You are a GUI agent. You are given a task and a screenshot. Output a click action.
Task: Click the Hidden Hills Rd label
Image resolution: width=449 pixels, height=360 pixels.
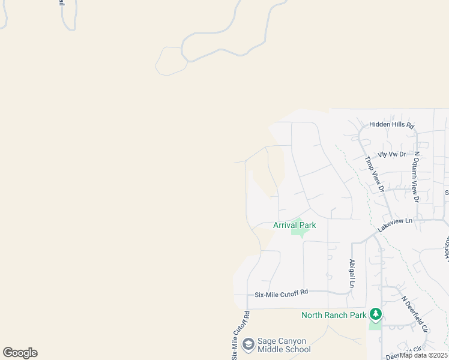click(392, 125)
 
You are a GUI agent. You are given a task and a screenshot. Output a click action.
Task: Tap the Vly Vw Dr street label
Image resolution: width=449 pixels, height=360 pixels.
click(391, 154)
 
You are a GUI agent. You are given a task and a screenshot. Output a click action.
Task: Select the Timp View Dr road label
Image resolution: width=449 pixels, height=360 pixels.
click(374, 175)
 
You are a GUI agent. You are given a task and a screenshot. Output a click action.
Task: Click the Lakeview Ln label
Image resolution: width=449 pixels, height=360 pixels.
click(395, 225)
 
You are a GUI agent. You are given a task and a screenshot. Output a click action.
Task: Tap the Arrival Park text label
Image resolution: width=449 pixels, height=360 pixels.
click(294, 225)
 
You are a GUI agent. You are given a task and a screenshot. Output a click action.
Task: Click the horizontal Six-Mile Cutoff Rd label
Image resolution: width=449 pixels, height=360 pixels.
click(281, 293)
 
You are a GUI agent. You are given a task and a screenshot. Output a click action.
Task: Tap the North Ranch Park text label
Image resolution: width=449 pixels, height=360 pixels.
click(334, 315)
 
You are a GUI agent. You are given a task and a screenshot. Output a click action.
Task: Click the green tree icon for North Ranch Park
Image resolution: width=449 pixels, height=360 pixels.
click(376, 314)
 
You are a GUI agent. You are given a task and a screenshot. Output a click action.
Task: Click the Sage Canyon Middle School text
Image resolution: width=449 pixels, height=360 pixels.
click(284, 345)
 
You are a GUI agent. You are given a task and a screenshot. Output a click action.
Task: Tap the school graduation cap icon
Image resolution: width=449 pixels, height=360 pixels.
click(248, 345)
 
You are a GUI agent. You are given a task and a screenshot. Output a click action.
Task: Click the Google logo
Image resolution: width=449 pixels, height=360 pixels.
click(20, 353)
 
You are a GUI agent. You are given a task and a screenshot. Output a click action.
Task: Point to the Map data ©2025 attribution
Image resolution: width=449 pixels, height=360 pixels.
click(424, 355)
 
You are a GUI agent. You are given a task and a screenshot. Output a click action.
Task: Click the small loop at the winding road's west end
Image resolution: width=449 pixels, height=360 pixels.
click(170, 61)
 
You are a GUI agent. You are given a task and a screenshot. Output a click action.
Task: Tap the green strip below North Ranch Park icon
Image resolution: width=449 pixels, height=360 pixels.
click(375, 325)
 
